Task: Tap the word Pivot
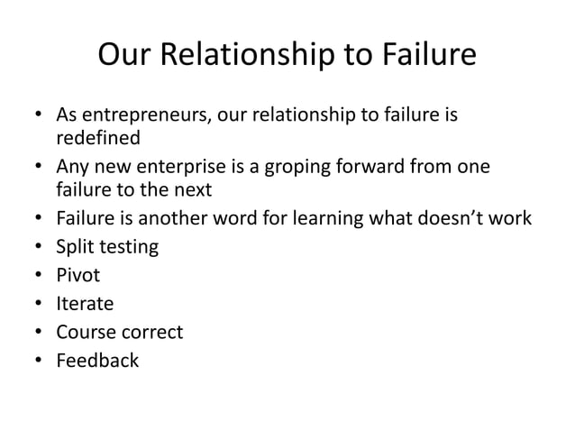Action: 78,275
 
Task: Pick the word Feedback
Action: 97,361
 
